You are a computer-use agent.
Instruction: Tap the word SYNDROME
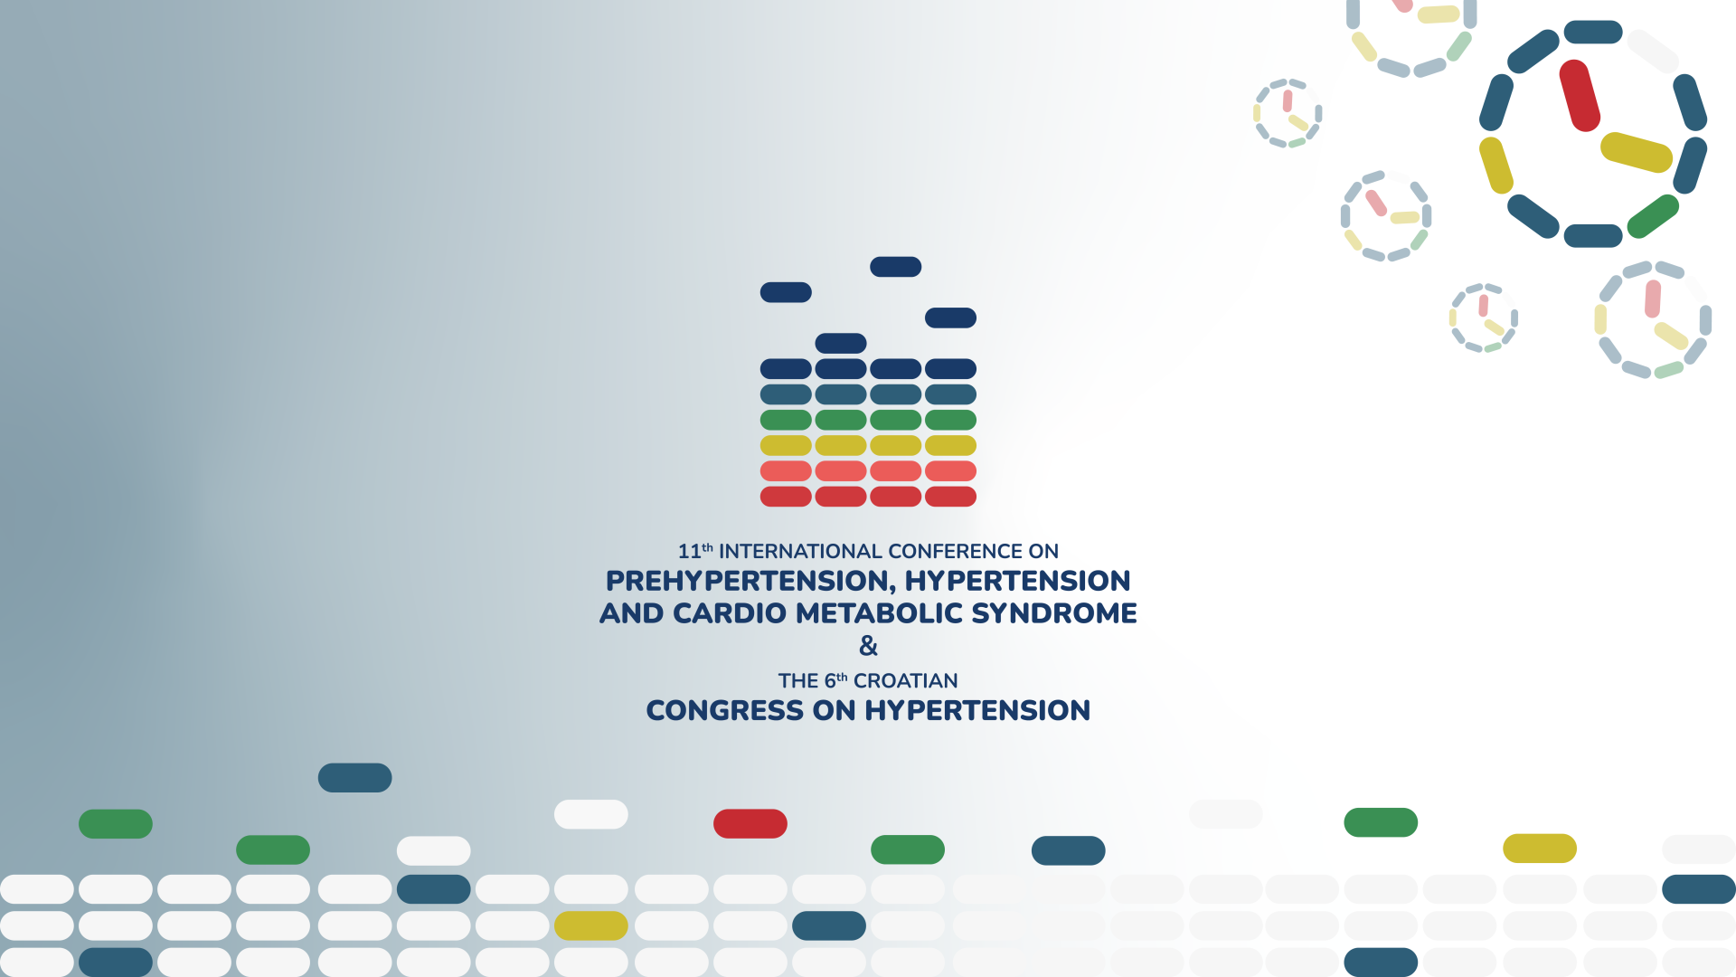pos(1054,613)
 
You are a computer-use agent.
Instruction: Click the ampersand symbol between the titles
pos(868,646)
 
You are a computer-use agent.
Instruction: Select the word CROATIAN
pos(905,680)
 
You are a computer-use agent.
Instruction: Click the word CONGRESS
pos(724,711)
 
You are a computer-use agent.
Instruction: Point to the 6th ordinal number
pos(835,680)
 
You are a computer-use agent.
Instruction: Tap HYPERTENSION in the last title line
pos(977,711)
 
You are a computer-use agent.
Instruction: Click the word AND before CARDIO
pos(632,613)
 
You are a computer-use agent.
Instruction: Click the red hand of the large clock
pos(1580,96)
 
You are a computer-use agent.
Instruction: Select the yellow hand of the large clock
pos(1637,152)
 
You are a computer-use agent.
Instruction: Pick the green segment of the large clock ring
pos(1653,217)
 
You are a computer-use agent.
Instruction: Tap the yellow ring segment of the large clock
pos(1496,166)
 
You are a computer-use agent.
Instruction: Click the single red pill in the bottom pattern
pos(750,824)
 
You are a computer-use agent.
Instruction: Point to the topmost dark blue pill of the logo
pos(896,267)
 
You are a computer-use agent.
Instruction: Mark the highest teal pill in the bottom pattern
pos(354,778)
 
